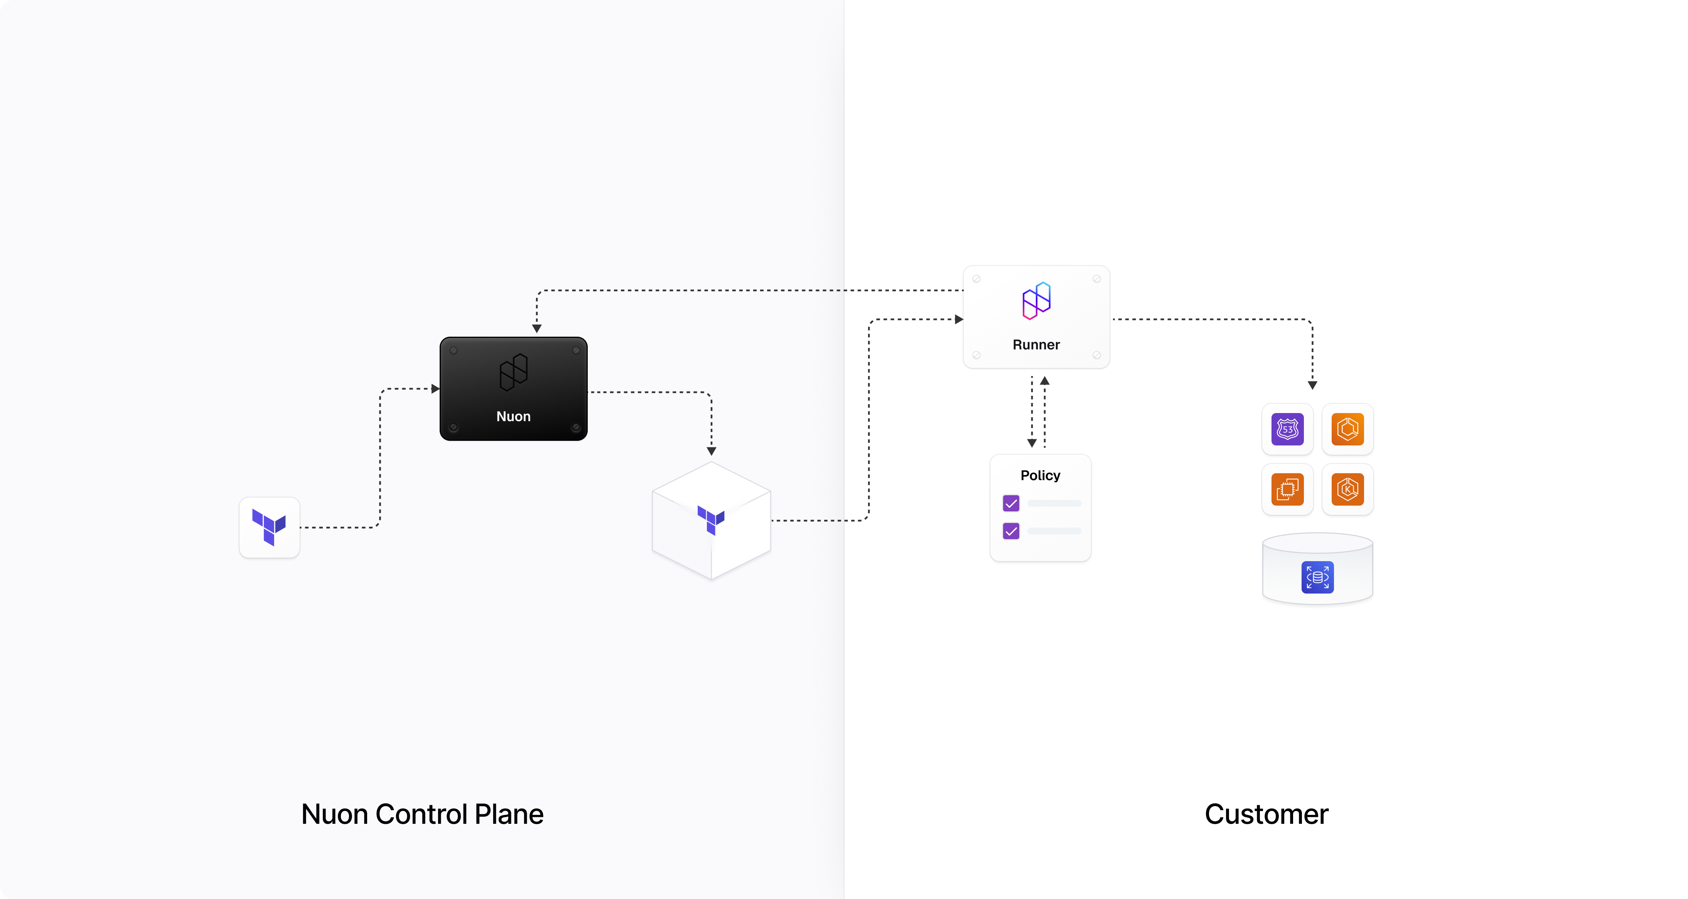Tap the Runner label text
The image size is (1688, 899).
[1036, 345]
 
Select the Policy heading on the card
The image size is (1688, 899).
[1040, 475]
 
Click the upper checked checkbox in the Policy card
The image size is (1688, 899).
[1011, 503]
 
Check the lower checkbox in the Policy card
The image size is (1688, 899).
[1011, 531]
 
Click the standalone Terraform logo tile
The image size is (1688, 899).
[269, 528]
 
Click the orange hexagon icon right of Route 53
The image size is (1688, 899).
[1347, 429]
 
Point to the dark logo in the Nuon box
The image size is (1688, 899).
[513, 372]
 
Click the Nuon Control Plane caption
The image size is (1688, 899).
[422, 814]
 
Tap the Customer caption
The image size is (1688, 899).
[1266, 814]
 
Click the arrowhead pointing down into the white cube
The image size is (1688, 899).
[711, 451]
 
